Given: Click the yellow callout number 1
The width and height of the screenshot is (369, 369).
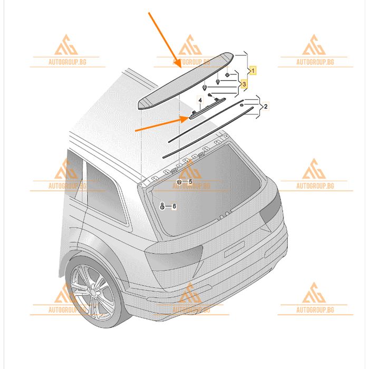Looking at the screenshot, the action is pyautogui.click(x=253, y=70).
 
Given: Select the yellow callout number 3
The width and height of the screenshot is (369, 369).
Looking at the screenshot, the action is pyautogui.click(x=244, y=84).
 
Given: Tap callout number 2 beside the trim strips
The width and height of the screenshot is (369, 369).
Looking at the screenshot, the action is pyautogui.click(x=266, y=106).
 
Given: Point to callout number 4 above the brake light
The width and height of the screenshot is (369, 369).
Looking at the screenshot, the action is pyautogui.click(x=200, y=101).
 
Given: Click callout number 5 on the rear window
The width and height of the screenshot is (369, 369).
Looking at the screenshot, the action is pyautogui.click(x=190, y=181).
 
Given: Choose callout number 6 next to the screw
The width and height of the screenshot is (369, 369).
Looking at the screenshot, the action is pyautogui.click(x=174, y=207).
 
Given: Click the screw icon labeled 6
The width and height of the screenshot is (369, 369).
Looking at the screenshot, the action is pyautogui.click(x=162, y=206).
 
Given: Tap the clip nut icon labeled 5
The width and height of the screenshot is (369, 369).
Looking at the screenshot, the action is pyautogui.click(x=179, y=181).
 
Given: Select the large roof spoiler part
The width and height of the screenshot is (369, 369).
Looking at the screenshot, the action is pyautogui.click(x=186, y=81).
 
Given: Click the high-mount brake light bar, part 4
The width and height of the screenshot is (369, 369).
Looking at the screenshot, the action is pyautogui.click(x=207, y=108).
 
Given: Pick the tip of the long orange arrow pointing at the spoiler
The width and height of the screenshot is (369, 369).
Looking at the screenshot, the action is pyautogui.click(x=181, y=68).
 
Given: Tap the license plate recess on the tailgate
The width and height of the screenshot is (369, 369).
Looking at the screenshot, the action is pyautogui.click(x=235, y=249).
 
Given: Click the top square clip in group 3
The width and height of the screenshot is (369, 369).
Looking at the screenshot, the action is pyautogui.click(x=227, y=75).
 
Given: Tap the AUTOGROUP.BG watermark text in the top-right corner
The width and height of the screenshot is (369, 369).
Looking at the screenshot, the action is pyautogui.click(x=315, y=62).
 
